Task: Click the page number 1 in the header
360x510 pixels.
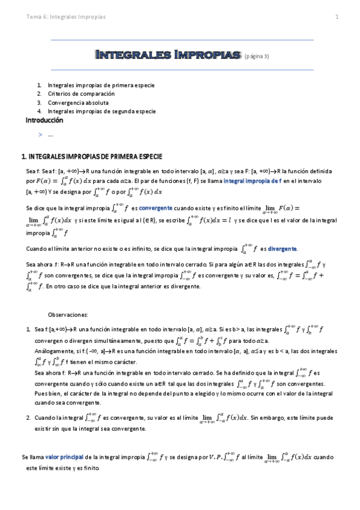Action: (x=337, y=17)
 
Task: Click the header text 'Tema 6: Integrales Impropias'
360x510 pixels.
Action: (x=66, y=17)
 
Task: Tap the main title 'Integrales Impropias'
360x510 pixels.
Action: (x=168, y=55)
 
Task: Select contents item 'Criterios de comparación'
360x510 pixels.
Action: (x=81, y=94)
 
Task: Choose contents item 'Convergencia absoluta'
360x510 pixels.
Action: (x=78, y=103)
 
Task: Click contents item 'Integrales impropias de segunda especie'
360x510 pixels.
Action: (x=102, y=111)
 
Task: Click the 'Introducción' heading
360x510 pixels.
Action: (x=44, y=120)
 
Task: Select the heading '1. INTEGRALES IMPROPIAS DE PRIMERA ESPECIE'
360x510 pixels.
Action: (x=91, y=156)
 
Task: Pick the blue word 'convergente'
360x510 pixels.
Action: (x=156, y=207)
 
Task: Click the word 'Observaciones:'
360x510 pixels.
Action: (x=68, y=314)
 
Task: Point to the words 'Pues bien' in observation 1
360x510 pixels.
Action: (x=48, y=393)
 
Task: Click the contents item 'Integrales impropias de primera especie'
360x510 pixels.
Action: (x=102, y=86)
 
